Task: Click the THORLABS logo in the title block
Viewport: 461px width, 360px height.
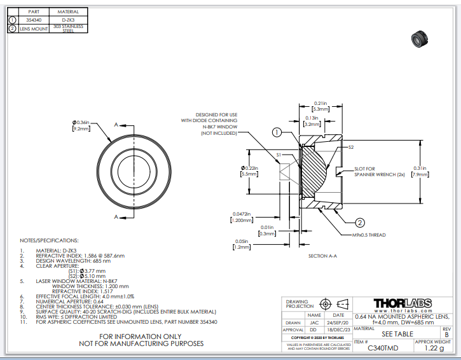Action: coord(403,303)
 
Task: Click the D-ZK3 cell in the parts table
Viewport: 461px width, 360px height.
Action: coord(68,20)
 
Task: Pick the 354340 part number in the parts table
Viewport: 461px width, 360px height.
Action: coord(34,20)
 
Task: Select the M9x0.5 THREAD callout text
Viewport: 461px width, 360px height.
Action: coord(369,235)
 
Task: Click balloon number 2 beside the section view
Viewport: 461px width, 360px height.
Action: coord(359,222)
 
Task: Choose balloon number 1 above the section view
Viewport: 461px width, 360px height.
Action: coord(277,132)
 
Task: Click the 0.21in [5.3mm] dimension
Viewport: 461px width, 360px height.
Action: coord(321,106)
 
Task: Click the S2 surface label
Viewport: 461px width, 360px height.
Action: coord(351,147)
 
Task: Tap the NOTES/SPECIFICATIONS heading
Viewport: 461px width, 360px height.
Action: coord(50,241)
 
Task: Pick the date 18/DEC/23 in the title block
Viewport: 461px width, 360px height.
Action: coord(339,330)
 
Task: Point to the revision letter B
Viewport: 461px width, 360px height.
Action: coord(446,333)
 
